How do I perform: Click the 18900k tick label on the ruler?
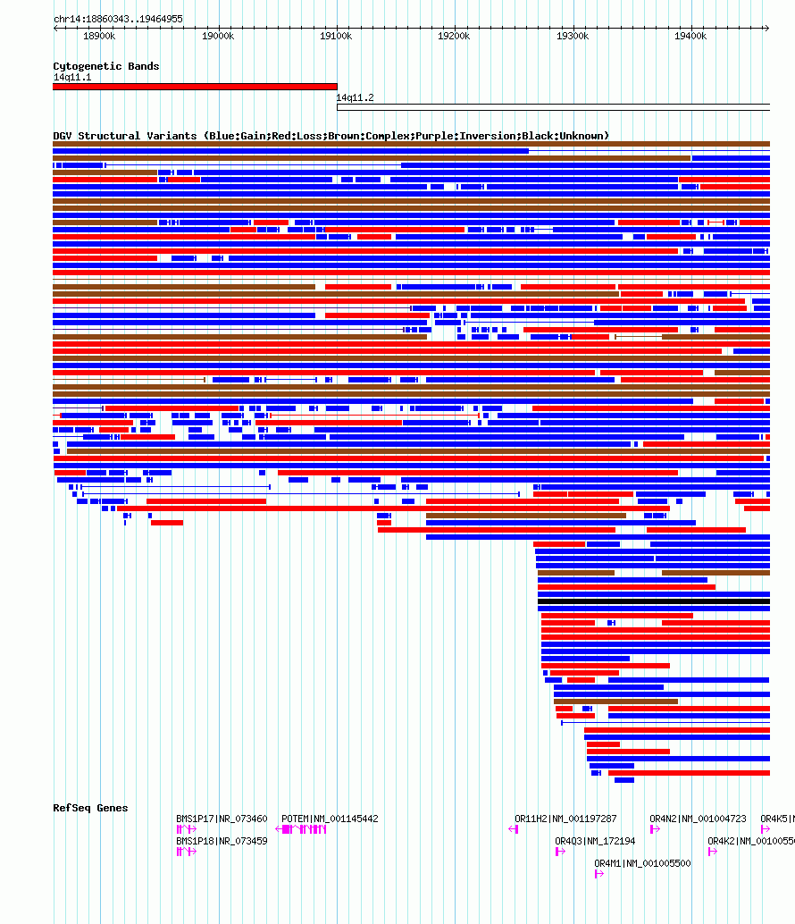[98, 37]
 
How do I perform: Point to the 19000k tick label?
[217, 37]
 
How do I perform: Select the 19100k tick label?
[336, 37]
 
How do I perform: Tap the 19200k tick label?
[454, 37]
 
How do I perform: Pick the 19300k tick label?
[573, 37]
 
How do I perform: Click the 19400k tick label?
[690, 37]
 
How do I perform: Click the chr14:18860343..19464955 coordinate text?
[118, 19]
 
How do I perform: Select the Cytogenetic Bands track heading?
[106, 66]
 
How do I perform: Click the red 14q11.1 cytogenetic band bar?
[195, 87]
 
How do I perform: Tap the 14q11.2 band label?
[355, 98]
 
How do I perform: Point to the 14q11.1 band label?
[71, 78]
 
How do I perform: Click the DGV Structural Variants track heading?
[331, 136]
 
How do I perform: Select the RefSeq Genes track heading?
[90, 808]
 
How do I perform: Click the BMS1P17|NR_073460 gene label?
[222, 819]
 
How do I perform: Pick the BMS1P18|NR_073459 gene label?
[222, 841]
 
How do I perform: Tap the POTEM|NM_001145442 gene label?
[330, 819]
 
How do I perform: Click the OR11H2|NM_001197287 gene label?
[565, 819]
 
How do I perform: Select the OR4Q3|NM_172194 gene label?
[595, 841]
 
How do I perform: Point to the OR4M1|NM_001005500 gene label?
[642, 863]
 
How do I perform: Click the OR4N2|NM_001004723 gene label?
[698, 819]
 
